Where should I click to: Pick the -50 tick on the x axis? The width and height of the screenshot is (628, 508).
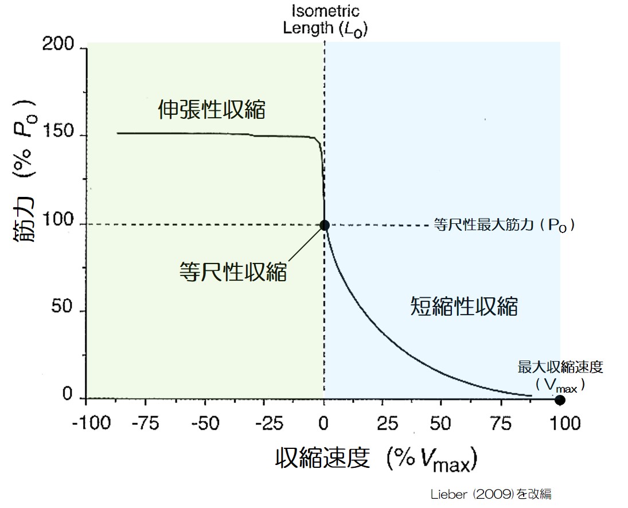[x=206, y=424]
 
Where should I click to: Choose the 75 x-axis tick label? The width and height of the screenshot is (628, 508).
[x=501, y=424]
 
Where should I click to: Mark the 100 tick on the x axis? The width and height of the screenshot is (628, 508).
[x=560, y=424]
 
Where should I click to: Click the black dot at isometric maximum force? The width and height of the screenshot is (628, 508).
[x=325, y=225]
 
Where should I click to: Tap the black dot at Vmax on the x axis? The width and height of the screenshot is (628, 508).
[x=560, y=400]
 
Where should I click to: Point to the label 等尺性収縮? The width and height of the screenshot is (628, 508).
[x=233, y=271]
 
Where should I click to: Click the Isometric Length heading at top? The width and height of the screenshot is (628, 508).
[x=325, y=20]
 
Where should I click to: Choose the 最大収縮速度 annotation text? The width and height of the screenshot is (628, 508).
[x=560, y=367]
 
